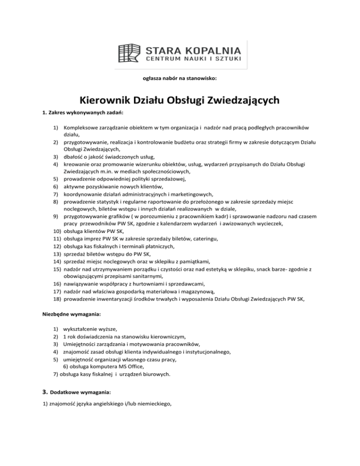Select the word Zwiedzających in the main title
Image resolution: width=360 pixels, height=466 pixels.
(x=239, y=101)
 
